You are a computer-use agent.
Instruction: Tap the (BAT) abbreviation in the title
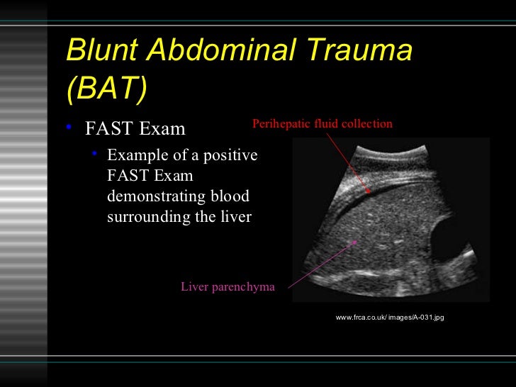(x=106, y=89)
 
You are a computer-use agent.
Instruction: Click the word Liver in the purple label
(x=194, y=287)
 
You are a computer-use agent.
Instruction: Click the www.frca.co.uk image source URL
(x=389, y=318)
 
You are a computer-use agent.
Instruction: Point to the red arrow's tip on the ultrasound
(x=369, y=191)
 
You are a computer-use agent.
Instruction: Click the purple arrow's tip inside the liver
(x=357, y=241)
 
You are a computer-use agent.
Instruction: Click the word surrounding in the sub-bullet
(x=148, y=217)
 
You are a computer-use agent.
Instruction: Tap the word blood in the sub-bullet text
(x=232, y=196)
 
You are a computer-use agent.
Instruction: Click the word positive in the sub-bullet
(x=232, y=155)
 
